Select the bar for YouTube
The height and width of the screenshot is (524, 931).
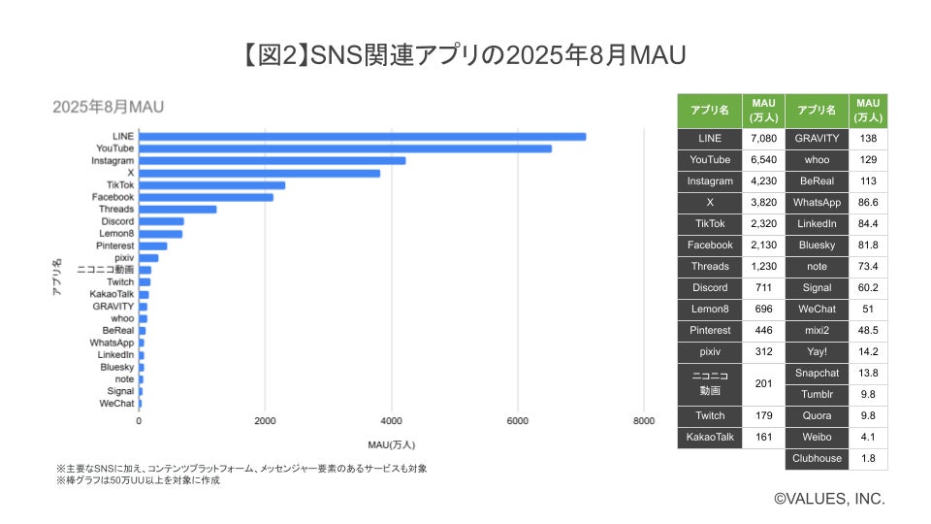[x=345, y=148]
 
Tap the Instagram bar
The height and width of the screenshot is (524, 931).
[x=273, y=160]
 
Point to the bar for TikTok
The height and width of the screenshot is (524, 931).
[x=212, y=184]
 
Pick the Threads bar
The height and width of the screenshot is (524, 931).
[x=178, y=209]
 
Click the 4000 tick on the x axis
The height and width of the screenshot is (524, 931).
[x=391, y=421]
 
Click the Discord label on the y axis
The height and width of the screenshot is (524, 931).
[x=116, y=221]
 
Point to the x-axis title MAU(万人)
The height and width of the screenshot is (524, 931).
[x=392, y=444]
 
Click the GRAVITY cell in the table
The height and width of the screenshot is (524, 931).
[x=816, y=139]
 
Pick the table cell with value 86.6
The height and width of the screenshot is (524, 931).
[x=867, y=203]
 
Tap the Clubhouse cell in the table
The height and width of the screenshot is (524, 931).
[x=816, y=458]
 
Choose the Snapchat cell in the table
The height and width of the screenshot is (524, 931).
[x=816, y=373]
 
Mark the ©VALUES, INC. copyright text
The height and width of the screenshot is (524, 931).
[x=829, y=498]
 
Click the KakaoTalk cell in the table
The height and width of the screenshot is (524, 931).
[x=710, y=437]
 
